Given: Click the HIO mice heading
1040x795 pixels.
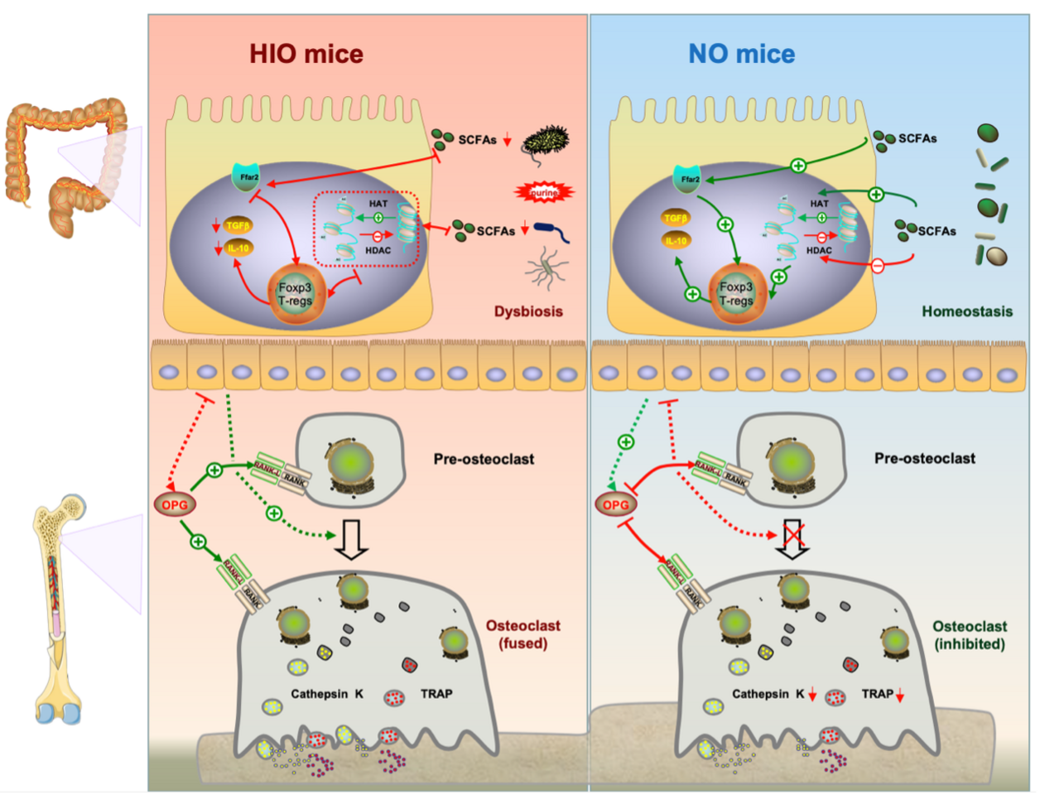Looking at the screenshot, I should click(x=306, y=55).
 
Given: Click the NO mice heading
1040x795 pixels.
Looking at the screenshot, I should click(x=741, y=55).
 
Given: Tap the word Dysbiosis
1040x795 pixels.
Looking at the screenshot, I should click(x=528, y=311).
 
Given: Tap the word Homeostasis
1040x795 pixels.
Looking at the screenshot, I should click(x=967, y=311).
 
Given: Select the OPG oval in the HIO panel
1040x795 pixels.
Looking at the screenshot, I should click(x=174, y=503).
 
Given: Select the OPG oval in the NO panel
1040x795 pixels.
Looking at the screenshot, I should click(x=615, y=504).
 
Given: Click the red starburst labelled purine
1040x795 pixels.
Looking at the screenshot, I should click(x=544, y=192).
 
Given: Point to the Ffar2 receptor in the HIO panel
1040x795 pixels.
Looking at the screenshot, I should click(x=246, y=177).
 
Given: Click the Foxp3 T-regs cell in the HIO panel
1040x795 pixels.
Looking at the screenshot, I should click(x=295, y=293).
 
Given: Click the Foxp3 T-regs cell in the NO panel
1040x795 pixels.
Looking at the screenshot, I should click(x=736, y=293).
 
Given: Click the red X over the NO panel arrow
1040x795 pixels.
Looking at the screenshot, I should click(x=793, y=536).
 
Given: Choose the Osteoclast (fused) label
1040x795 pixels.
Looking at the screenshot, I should click(x=522, y=634).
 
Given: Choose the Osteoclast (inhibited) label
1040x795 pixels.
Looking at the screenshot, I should click(x=970, y=635).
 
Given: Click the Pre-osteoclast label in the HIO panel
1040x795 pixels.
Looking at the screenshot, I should click(x=484, y=459).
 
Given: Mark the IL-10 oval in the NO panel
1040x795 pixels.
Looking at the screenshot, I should click(x=676, y=241).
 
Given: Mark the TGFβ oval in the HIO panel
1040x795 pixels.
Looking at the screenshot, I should click(x=238, y=224).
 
